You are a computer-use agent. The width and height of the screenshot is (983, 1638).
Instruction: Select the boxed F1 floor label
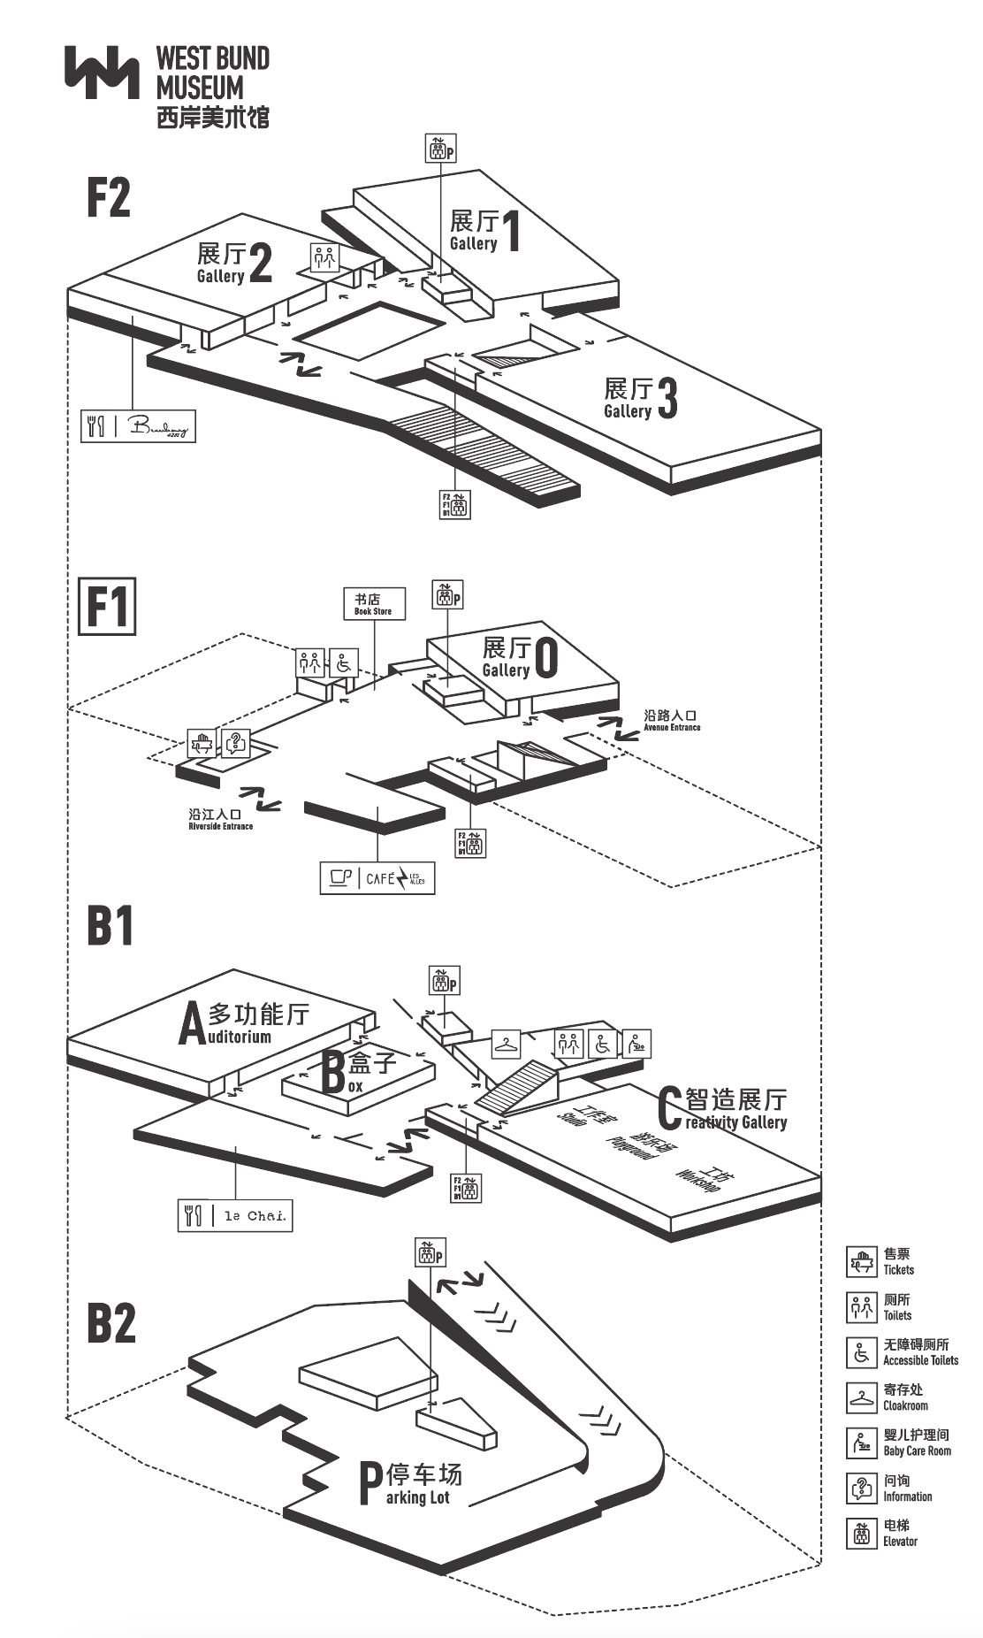coord(107,606)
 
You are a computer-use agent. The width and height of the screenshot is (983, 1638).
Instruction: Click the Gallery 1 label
coord(485,231)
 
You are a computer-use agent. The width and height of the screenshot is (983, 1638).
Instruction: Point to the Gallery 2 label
coord(234,264)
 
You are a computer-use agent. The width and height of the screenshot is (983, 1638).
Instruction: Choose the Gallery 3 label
coord(640,398)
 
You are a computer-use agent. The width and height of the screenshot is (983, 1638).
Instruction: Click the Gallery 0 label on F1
coord(520,658)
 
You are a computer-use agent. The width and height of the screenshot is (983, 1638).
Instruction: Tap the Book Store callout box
coord(374,603)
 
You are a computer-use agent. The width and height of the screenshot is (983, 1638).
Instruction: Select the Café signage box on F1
coord(377,877)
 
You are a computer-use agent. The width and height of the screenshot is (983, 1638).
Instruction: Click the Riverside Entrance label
coord(220,819)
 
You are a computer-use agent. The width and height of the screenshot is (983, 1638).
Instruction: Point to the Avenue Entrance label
coord(672,721)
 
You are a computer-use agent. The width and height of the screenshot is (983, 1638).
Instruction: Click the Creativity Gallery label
coord(723,1109)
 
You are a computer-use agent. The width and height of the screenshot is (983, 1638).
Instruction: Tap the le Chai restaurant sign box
coord(235,1215)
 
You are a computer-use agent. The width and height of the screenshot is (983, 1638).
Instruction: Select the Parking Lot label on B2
coord(410,1485)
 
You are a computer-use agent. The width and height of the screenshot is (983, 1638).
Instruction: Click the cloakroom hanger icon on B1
coord(506,1045)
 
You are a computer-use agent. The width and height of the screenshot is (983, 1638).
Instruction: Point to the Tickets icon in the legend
coord(861,1262)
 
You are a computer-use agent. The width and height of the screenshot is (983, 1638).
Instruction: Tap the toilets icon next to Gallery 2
coord(325,257)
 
